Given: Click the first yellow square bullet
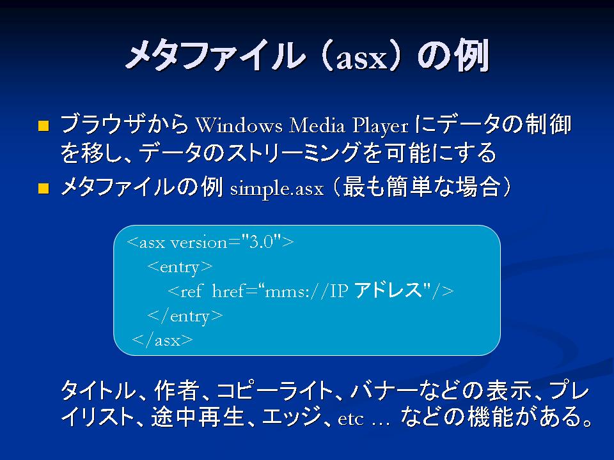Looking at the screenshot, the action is coord(43,126).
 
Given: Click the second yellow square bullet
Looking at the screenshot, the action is coord(43,188).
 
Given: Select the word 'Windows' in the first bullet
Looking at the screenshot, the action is coord(239,126).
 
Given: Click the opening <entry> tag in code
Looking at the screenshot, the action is coord(180,268).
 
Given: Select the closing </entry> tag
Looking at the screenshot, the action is coord(185,316).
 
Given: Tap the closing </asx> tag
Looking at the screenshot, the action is coord(162,341).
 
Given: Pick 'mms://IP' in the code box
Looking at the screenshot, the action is coord(306,292).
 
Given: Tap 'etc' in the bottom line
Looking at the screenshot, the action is coord(350,419).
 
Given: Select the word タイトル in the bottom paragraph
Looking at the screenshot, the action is coord(97,390).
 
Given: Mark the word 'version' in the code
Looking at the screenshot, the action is coord(199,243).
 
